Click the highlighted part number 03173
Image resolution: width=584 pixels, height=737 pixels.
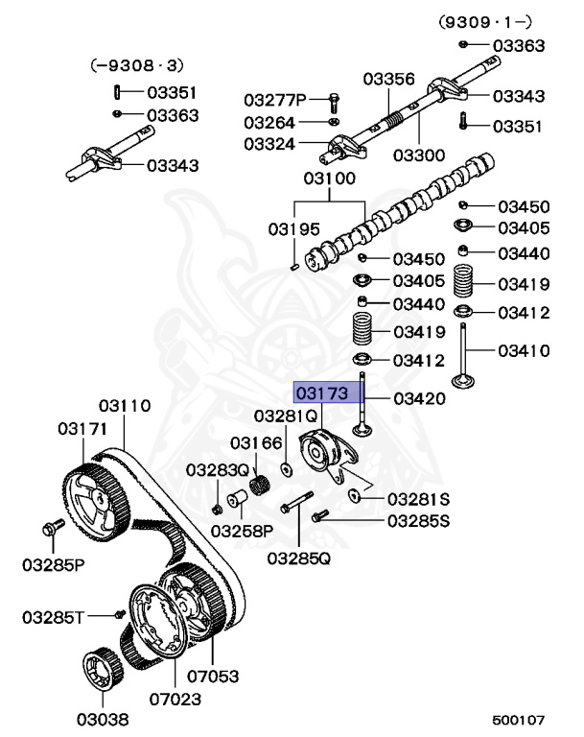coord(323,394)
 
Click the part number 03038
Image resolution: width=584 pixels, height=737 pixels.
coord(102,718)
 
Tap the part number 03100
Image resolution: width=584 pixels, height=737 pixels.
coord(329,178)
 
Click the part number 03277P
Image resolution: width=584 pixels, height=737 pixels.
coord(274,100)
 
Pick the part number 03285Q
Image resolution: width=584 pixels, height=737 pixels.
coord(298,557)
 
